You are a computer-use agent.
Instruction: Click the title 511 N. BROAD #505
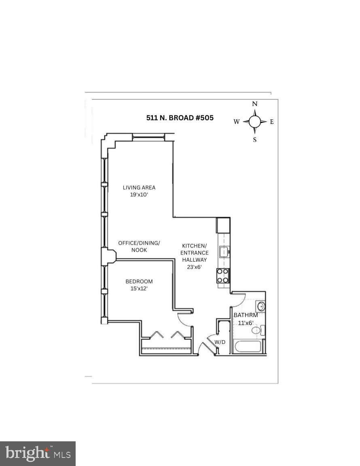180,118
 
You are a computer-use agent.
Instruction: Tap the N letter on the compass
255,104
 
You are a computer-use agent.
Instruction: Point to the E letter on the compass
272,121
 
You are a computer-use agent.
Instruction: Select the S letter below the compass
255,140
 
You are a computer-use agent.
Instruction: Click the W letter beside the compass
237,121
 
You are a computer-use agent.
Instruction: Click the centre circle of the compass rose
254,121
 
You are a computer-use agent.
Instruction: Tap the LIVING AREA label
139,187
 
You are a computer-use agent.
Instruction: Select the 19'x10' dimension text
139,195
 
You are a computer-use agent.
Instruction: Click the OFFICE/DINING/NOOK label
139,246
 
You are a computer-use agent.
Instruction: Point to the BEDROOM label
139,282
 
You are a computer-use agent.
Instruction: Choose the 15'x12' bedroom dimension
139,289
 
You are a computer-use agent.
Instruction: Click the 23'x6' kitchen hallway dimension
194,267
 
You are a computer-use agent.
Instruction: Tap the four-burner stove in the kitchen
223,276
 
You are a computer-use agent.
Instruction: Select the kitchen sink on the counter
223,252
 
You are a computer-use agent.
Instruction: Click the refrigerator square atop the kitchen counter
223,225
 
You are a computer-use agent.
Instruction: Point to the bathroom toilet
257,330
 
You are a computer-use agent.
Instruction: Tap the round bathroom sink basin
261,306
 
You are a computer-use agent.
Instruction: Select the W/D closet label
220,342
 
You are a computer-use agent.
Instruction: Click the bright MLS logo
38,453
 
